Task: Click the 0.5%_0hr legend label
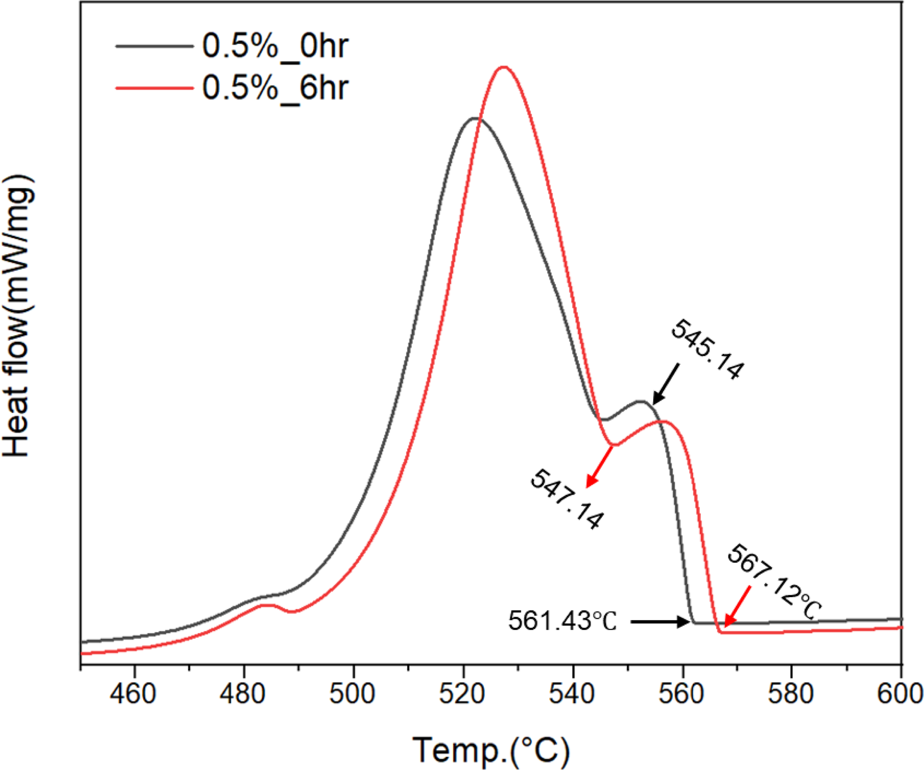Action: pyautogui.click(x=275, y=47)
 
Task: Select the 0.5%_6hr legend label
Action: pyautogui.click(x=275, y=89)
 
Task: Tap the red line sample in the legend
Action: pyautogui.click(x=154, y=89)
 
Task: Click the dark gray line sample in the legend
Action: pyautogui.click(x=154, y=47)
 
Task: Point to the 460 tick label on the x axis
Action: pyautogui.click(x=133, y=694)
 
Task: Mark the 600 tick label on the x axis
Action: pyautogui.click(x=900, y=694)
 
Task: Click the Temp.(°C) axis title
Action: pyautogui.click(x=491, y=750)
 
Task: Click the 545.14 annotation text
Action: pyautogui.click(x=707, y=350)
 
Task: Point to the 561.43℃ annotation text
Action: pyautogui.click(x=563, y=622)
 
